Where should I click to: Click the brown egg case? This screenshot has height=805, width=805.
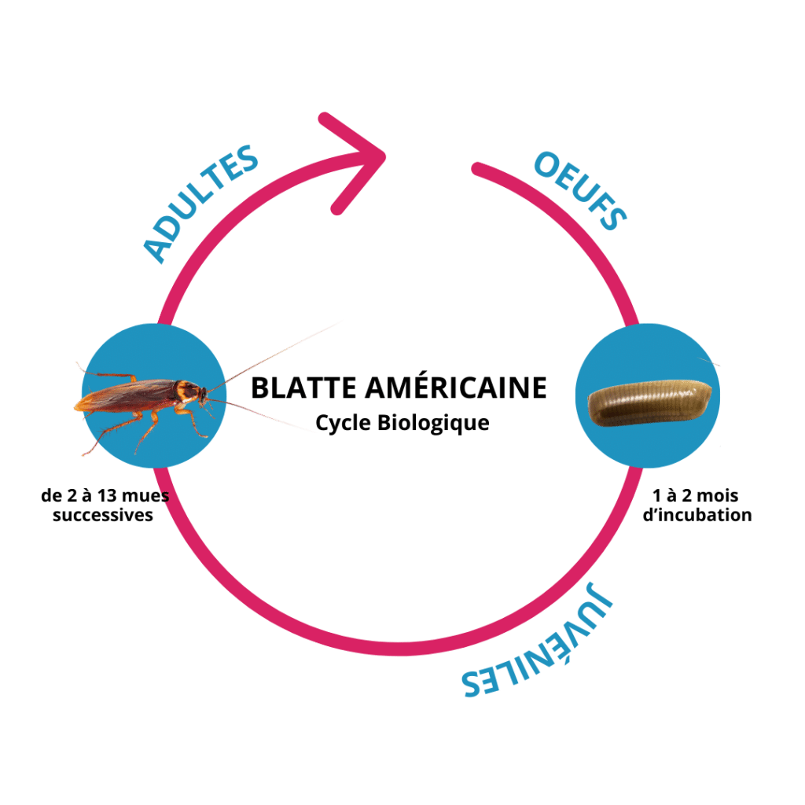click(650, 403)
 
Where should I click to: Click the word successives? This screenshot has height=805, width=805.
click(103, 516)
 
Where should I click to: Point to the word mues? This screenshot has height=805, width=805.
click(147, 498)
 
